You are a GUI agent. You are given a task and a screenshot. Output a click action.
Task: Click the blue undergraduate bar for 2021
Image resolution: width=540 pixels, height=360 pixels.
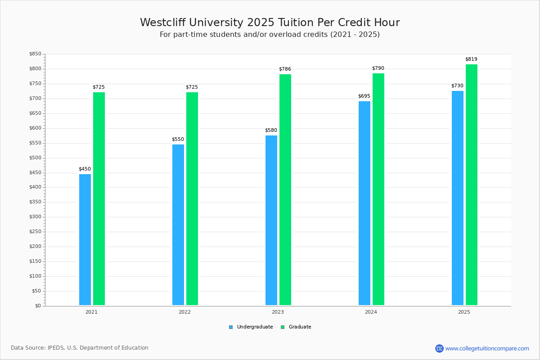[85, 239]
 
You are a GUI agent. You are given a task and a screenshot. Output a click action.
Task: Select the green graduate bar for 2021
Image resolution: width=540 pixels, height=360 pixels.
[99, 198]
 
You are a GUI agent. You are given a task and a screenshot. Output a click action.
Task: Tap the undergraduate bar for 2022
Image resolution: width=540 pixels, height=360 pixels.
[178, 225]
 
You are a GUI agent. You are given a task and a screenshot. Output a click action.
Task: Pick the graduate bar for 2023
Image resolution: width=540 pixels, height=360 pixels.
[285, 189]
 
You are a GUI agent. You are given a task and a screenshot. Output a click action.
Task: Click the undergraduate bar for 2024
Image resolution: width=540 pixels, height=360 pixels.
[364, 203]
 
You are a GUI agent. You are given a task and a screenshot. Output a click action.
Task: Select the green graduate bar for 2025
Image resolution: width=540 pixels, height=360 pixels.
[472, 184]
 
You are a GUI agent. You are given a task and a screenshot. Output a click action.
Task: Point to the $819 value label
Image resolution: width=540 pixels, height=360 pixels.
[471, 59]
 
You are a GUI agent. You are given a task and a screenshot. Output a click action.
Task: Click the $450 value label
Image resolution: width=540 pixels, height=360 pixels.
[85, 169]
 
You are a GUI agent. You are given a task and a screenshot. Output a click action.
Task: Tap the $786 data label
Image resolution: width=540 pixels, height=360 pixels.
[285, 69]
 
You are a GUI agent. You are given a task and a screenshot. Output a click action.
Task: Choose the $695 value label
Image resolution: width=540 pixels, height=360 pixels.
[364, 96]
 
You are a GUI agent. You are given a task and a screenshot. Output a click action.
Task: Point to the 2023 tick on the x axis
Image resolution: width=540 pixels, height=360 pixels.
[278, 312]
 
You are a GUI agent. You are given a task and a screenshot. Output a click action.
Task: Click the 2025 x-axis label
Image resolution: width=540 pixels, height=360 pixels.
[464, 312]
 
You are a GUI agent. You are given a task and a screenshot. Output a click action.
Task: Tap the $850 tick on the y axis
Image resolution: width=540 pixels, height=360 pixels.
[35, 54]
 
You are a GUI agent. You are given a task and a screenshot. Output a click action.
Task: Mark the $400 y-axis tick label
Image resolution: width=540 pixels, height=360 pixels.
[35, 187]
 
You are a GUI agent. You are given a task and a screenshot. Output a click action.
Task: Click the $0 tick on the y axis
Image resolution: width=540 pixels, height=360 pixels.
[38, 306]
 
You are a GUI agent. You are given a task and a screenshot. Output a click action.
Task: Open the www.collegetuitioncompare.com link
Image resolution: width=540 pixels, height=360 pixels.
[487, 348]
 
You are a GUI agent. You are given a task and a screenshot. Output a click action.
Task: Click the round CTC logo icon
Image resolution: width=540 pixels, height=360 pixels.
[439, 348]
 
